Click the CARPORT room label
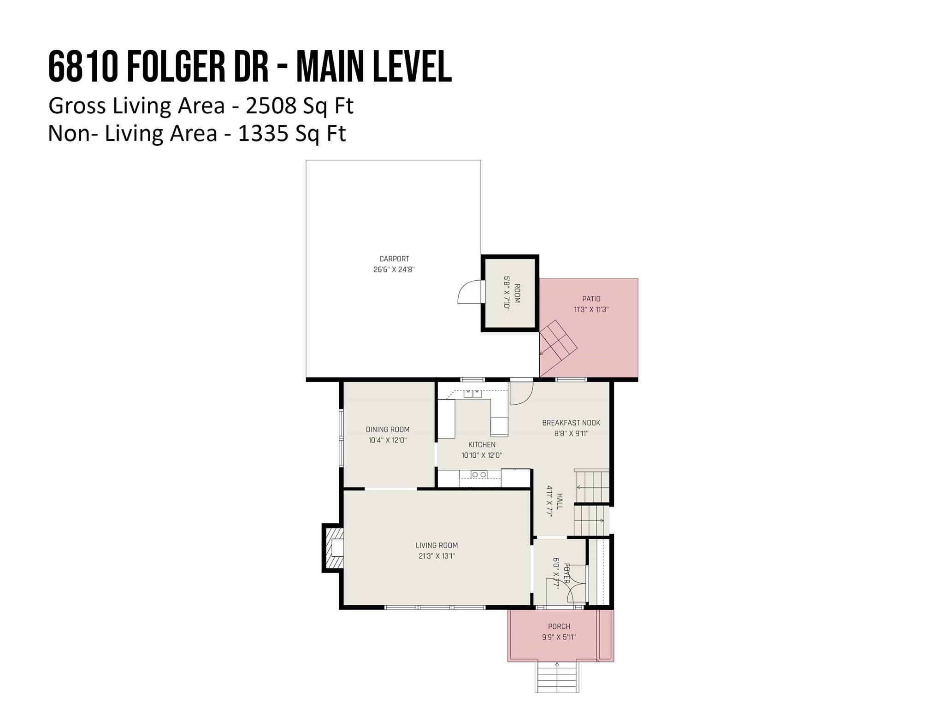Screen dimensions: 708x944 394,259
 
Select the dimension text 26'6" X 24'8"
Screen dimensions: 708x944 394,270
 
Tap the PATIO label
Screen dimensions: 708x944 591,299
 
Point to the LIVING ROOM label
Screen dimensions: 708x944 437,545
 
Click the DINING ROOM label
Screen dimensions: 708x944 388,430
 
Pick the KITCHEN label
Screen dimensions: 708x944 482,445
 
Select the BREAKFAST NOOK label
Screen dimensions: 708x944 571,423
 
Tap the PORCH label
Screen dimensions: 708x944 559,626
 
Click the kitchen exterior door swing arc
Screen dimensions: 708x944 521,395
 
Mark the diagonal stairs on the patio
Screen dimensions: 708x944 558,342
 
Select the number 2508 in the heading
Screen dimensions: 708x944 271,106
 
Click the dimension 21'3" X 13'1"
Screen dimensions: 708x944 437,556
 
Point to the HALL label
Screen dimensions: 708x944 560,501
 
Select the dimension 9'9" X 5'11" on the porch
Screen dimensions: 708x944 559,637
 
